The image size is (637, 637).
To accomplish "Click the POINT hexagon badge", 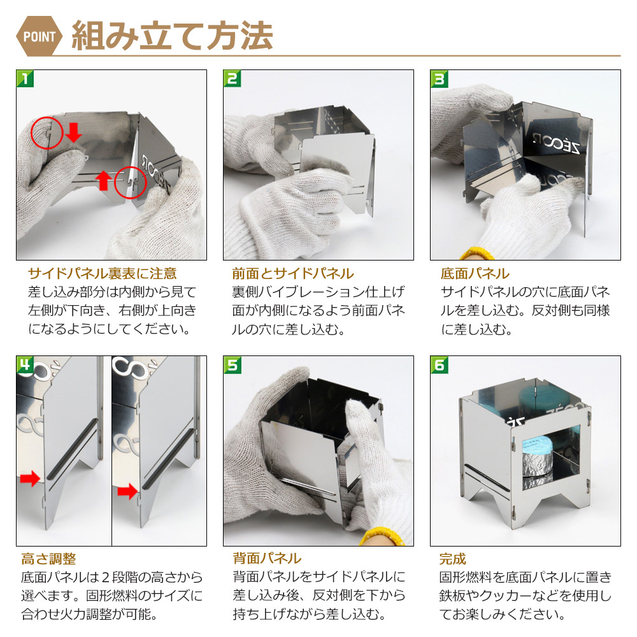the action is point(39,36).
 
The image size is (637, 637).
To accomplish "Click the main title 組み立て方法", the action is point(172,36).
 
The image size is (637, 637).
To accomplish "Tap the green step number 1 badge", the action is point(25,78).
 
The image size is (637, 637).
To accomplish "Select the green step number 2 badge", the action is point(232,78).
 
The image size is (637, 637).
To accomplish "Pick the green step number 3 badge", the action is point(439,78).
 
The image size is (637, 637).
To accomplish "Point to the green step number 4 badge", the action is point(25,364).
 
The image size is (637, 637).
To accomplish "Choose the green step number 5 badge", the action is point(232,364).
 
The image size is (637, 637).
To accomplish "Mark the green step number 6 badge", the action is point(439,364).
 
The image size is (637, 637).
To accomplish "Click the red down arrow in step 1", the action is point(73,132).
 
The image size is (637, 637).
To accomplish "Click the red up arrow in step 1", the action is point(104,180).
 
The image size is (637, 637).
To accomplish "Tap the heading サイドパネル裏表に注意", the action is point(103,273).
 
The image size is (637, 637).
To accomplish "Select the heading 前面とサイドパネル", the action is point(293,273).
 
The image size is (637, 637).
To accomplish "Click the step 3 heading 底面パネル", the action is point(475,273).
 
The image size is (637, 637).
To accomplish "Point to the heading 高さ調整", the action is point(49,559).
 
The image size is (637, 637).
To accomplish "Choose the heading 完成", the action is point(452,559).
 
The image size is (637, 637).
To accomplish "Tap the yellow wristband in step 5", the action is point(381,536).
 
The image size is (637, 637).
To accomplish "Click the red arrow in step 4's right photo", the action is point(127,491).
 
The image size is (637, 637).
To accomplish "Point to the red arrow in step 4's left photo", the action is point(30,478).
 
